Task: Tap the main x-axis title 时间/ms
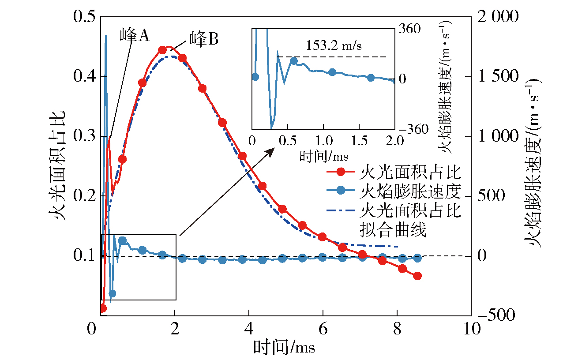pyautogui.click(x=284, y=347)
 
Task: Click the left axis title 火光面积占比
pyautogui.click(x=59, y=165)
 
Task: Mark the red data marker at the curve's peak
pyautogui.click(x=162, y=50)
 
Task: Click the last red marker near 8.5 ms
pyautogui.click(x=417, y=276)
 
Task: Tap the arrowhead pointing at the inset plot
pyautogui.click(x=270, y=151)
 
